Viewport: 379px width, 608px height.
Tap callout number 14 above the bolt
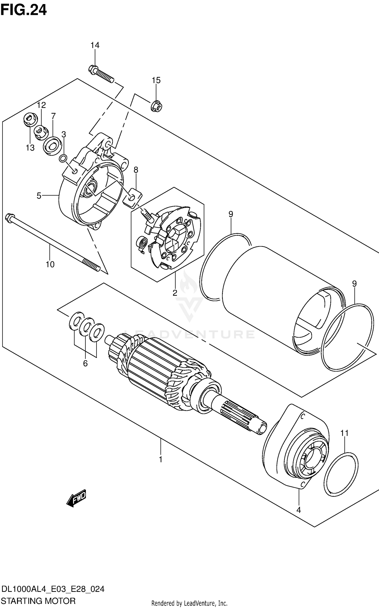click(x=95, y=46)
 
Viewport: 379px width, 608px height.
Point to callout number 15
click(x=156, y=80)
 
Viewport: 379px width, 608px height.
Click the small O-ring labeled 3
click(x=63, y=159)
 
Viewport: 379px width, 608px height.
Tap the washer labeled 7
click(x=52, y=146)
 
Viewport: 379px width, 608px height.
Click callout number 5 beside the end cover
click(x=39, y=196)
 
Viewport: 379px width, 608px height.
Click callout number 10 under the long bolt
click(x=50, y=265)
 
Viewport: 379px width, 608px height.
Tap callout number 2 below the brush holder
click(x=175, y=293)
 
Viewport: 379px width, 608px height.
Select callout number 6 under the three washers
click(x=85, y=363)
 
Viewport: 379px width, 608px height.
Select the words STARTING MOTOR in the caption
click(x=38, y=601)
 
